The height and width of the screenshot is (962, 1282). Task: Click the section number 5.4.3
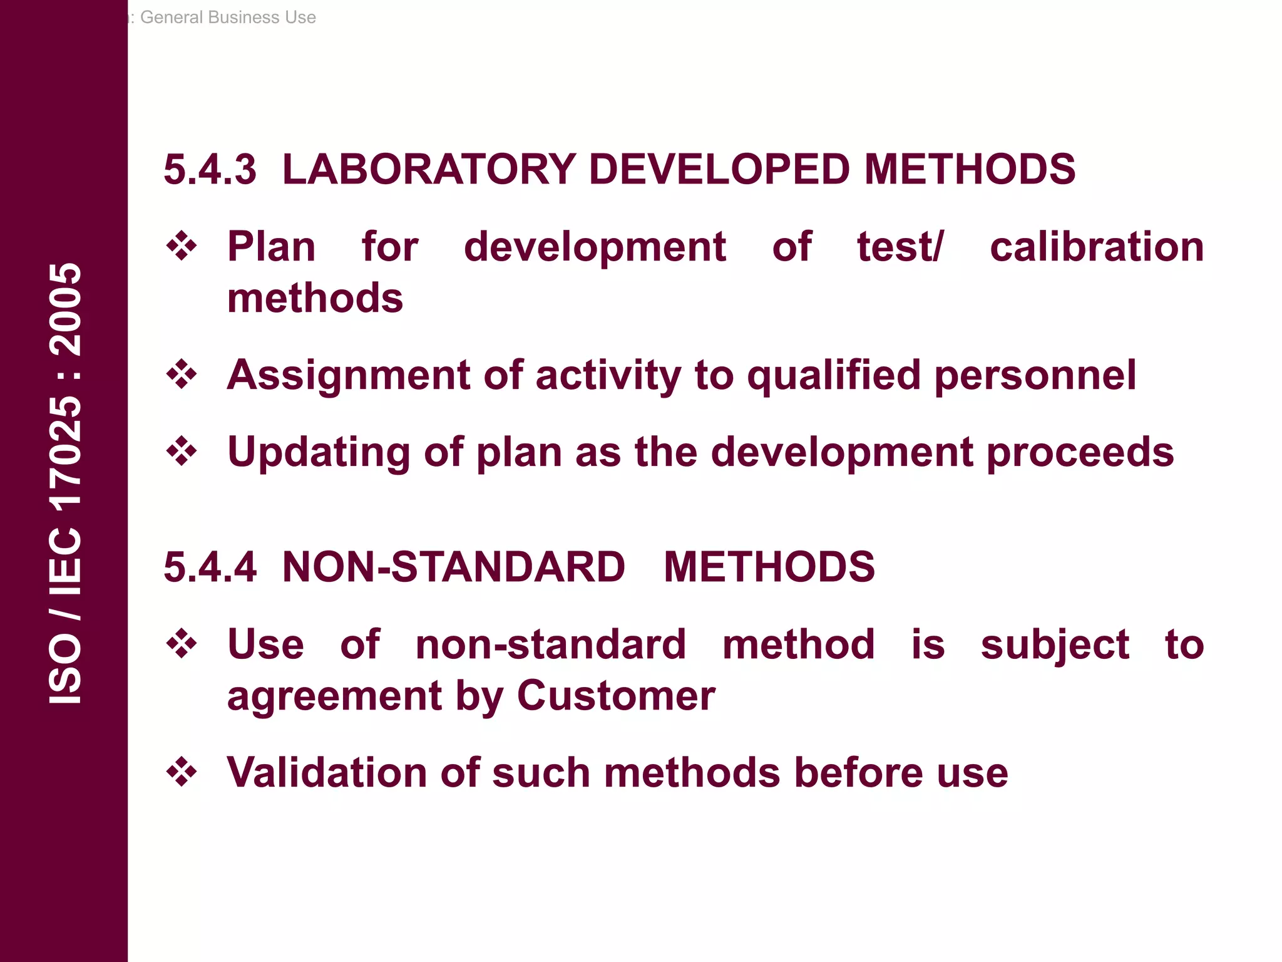click(x=210, y=170)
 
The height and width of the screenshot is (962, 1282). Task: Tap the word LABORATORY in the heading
click(x=429, y=170)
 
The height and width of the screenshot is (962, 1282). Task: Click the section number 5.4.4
click(x=210, y=567)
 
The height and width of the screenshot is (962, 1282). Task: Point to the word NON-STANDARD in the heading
click(x=453, y=567)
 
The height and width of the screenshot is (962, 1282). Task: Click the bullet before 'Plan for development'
click(x=182, y=246)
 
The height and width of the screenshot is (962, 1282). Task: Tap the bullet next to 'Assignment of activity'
click(x=182, y=375)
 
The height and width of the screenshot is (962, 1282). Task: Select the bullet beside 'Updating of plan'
click(x=182, y=452)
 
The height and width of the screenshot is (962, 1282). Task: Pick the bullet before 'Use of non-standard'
click(x=182, y=644)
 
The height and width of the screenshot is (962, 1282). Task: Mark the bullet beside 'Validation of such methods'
click(x=182, y=772)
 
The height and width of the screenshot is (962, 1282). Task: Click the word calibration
click(x=1097, y=247)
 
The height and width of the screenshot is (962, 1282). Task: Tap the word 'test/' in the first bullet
click(x=900, y=247)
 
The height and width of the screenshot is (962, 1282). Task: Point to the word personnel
click(x=1035, y=376)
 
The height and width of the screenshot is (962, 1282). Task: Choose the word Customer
click(x=616, y=696)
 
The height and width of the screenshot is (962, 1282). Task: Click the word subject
click(x=1055, y=645)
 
